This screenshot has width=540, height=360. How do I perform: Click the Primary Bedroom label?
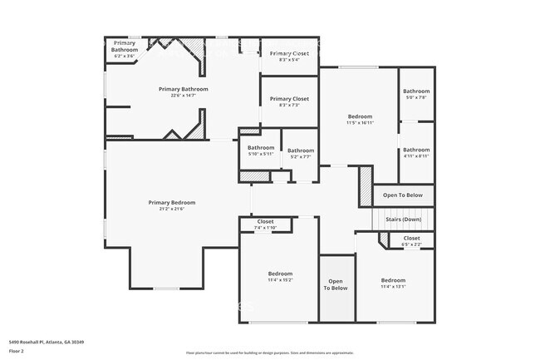(x=172, y=202)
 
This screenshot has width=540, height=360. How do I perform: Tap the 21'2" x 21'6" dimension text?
(x=172, y=209)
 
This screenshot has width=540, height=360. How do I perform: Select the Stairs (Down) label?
(x=403, y=219)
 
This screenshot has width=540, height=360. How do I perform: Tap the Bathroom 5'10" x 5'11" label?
(x=260, y=150)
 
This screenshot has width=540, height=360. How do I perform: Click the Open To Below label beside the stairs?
(x=402, y=195)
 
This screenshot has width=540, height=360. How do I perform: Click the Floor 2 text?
(x=17, y=350)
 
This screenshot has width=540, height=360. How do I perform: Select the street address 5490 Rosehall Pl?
(x=47, y=342)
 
